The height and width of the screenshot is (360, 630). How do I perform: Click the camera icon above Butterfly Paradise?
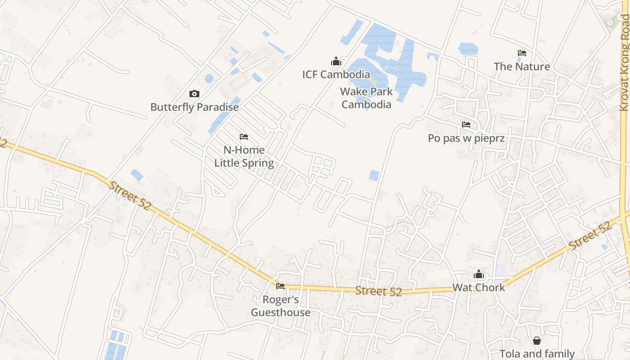tap(194, 94)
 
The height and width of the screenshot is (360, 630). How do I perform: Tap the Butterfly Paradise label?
tap(194, 107)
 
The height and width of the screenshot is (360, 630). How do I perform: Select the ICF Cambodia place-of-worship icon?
tap(336, 61)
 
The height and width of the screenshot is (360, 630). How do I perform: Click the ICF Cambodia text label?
tap(336, 74)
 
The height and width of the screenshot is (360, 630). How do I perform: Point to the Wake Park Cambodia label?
tap(366, 98)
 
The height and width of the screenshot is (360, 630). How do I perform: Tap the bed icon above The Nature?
tap(522, 53)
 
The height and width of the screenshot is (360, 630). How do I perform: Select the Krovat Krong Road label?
tap(624, 63)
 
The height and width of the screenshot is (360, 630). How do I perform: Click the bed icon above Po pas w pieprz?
tap(466, 125)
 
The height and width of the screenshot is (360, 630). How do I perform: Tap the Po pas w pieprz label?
tap(466, 138)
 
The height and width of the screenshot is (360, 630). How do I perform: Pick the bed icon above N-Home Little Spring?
tap(244, 137)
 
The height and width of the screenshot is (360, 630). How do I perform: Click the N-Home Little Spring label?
tap(244, 156)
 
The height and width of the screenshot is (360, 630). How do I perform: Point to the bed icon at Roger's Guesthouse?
tap(280, 286)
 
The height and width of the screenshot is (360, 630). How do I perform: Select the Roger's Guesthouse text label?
tap(280, 306)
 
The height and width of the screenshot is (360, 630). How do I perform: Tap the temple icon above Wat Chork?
tap(479, 274)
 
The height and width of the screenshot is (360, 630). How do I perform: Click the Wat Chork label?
tap(479, 287)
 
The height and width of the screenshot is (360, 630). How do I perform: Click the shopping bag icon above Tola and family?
tap(537, 341)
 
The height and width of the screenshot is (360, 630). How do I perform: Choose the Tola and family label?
tap(537, 354)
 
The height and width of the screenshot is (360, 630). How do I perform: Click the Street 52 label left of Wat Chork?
tap(378, 291)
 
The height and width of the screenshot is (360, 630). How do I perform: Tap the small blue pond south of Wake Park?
tap(374, 175)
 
